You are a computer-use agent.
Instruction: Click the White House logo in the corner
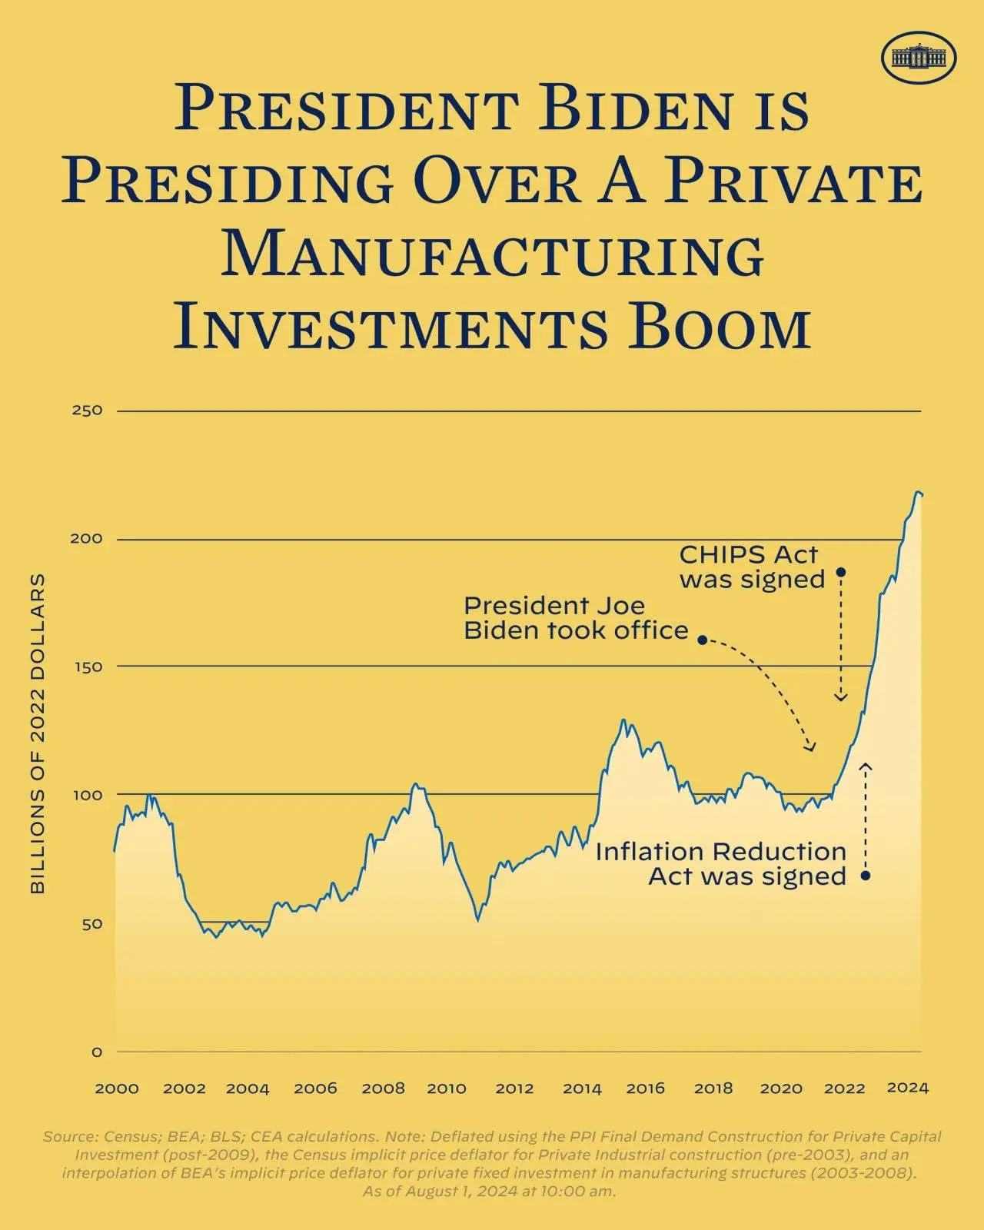coord(919,57)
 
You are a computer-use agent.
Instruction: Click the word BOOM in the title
coord(720,327)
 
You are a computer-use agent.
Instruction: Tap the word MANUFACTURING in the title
coord(493,254)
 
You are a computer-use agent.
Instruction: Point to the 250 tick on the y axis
coord(87,411)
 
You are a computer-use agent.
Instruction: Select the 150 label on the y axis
coord(87,667)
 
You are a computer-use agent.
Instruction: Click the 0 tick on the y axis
coord(97,1052)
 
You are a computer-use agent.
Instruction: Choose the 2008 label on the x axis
coord(383,1089)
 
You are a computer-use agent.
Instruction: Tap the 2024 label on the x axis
coord(908,1088)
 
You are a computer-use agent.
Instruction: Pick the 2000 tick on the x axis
coord(117,1089)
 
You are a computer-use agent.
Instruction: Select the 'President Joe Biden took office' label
coord(576,618)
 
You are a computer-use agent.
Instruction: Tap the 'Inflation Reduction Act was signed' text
coord(720,864)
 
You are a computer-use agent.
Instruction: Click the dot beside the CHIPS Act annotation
coord(841,572)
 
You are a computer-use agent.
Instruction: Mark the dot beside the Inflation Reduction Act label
coord(865,876)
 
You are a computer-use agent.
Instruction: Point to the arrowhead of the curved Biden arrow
coord(811,749)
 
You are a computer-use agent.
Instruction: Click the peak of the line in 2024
coord(917,492)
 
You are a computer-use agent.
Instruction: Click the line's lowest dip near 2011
coord(477,919)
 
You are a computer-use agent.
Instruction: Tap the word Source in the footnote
coord(68,1136)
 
